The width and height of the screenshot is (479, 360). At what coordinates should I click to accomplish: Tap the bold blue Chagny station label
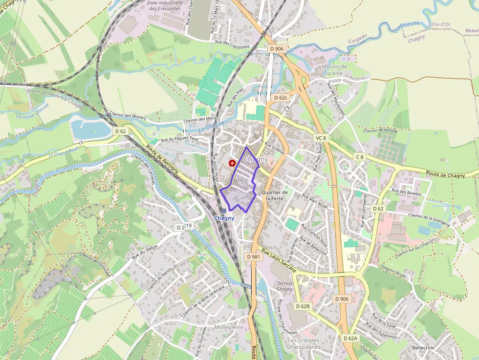224,218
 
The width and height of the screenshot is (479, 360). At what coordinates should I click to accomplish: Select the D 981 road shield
253,256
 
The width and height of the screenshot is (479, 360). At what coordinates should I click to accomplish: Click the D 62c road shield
281,98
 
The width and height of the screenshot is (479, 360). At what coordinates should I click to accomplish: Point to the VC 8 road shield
321,138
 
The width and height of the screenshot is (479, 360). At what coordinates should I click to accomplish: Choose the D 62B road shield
303,306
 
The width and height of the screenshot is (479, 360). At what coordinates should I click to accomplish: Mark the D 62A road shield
350,338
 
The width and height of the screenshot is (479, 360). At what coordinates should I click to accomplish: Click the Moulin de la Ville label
334,69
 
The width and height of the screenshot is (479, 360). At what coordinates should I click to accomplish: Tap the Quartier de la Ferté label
275,195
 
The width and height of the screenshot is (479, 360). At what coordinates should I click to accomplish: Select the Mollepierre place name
229,327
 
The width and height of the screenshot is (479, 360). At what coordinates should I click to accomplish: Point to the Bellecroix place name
423,347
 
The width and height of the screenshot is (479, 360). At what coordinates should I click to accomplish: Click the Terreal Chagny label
285,286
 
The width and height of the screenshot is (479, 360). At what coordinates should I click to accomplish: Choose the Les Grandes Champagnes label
304,343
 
